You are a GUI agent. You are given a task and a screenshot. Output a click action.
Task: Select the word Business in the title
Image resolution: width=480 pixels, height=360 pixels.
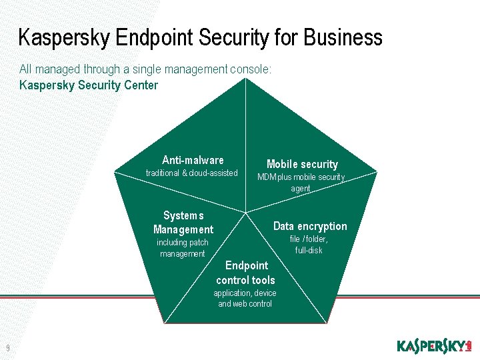(343, 37)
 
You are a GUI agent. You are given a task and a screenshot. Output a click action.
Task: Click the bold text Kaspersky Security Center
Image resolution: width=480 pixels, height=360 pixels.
(89, 85)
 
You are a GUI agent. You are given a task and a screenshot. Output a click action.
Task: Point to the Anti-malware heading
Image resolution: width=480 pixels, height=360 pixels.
(193, 160)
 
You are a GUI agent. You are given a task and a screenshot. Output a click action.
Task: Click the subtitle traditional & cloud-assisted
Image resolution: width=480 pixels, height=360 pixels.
(191, 173)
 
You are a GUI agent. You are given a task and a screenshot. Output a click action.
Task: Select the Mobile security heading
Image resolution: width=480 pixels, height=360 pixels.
(302, 164)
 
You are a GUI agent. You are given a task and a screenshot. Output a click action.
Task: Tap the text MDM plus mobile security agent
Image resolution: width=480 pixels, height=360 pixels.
(301, 183)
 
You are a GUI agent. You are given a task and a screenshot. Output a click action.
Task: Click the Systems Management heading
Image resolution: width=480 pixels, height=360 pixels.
(183, 223)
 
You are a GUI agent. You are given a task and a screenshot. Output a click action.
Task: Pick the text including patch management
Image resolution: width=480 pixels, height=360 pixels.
(183, 248)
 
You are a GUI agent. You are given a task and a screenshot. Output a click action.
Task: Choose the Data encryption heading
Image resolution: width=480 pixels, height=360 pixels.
(310, 226)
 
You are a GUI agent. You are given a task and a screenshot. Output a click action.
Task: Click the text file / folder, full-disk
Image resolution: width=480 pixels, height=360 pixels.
(309, 245)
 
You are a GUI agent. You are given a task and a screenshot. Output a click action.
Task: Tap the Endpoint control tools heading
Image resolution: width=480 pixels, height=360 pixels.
(245, 273)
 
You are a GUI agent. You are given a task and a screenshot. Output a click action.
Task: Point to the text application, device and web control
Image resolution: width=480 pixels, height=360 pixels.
(245, 299)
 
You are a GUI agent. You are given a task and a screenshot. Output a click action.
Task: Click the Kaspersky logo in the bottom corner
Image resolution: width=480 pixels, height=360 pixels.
(434, 346)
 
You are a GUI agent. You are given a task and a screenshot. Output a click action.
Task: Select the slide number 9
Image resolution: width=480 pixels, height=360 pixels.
(7, 347)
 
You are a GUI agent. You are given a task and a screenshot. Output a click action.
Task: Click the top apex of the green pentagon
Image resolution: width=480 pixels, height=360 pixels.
(246, 79)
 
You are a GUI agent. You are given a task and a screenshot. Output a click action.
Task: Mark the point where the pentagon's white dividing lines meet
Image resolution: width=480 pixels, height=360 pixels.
(246, 213)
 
